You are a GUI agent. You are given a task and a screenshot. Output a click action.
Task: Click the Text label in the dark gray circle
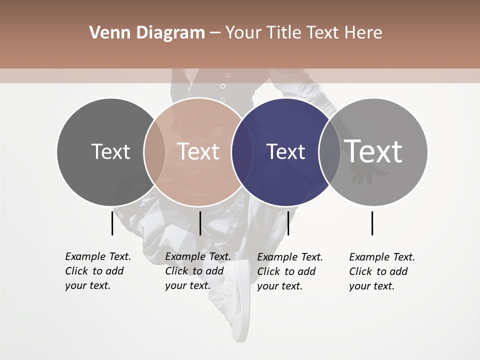110,151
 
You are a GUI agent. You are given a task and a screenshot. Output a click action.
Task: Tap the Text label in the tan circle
198,151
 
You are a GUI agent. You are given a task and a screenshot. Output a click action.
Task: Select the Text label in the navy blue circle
285,151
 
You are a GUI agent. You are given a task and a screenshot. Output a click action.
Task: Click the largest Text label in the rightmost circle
373,151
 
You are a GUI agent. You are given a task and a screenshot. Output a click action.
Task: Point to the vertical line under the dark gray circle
112,223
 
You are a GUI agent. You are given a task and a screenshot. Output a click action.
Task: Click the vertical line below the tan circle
200,223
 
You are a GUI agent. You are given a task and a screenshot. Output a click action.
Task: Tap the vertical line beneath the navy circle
288,223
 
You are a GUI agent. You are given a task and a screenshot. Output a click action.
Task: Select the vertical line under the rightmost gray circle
372,223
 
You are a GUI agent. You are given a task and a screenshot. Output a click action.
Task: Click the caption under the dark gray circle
98,271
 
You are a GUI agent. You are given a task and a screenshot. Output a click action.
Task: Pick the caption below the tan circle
198,271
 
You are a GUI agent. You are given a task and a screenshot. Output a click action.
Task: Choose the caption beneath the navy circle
290,271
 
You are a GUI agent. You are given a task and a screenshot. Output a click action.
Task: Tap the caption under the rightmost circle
382,271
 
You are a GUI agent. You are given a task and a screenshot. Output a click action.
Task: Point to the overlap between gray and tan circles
154,151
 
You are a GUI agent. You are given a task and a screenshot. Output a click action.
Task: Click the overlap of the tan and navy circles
242,151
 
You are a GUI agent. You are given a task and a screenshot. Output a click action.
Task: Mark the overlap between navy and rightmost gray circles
329,151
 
